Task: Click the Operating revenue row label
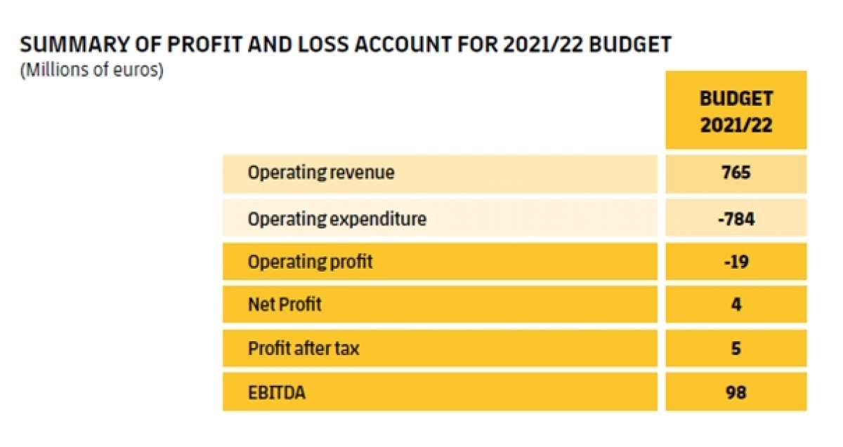coord(321,173)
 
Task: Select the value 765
coord(736,173)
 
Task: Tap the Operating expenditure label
coord(336,219)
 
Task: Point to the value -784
coord(736,219)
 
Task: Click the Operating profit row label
coord(310,262)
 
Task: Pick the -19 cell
coord(736,262)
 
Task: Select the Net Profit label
coord(285,305)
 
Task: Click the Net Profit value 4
coord(736,305)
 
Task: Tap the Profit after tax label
coord(303,348)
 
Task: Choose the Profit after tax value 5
coord(736,348)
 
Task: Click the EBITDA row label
coord(276,392)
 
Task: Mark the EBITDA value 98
coord(736,392)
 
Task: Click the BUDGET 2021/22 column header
coord(736,112)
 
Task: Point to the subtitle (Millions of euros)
coord(91,72)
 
